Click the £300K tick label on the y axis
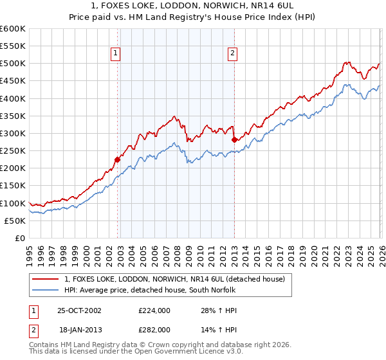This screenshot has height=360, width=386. (x=12, y=134)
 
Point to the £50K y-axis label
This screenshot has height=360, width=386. (x=15, y=221)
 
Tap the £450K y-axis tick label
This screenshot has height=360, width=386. (x=12, y=81)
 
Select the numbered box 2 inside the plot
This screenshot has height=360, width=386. (x=232, y=54)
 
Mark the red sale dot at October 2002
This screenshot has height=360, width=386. (x=118, y=159)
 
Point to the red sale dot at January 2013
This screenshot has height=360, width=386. (x=234, y=139)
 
